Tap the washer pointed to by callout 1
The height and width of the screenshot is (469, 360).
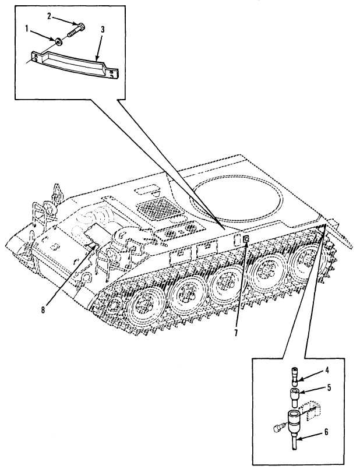61,41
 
